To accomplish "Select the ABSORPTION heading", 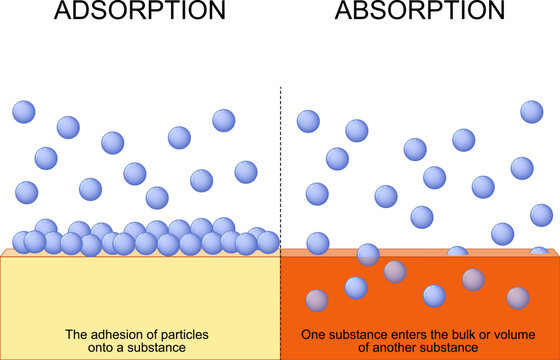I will pos(420,13).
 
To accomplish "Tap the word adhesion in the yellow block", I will pos(112,333).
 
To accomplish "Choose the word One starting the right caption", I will pos(315,333).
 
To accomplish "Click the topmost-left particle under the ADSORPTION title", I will pos(24,111).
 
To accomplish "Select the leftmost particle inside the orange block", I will pos(317,300).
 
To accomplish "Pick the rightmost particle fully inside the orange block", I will pos(518,297).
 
